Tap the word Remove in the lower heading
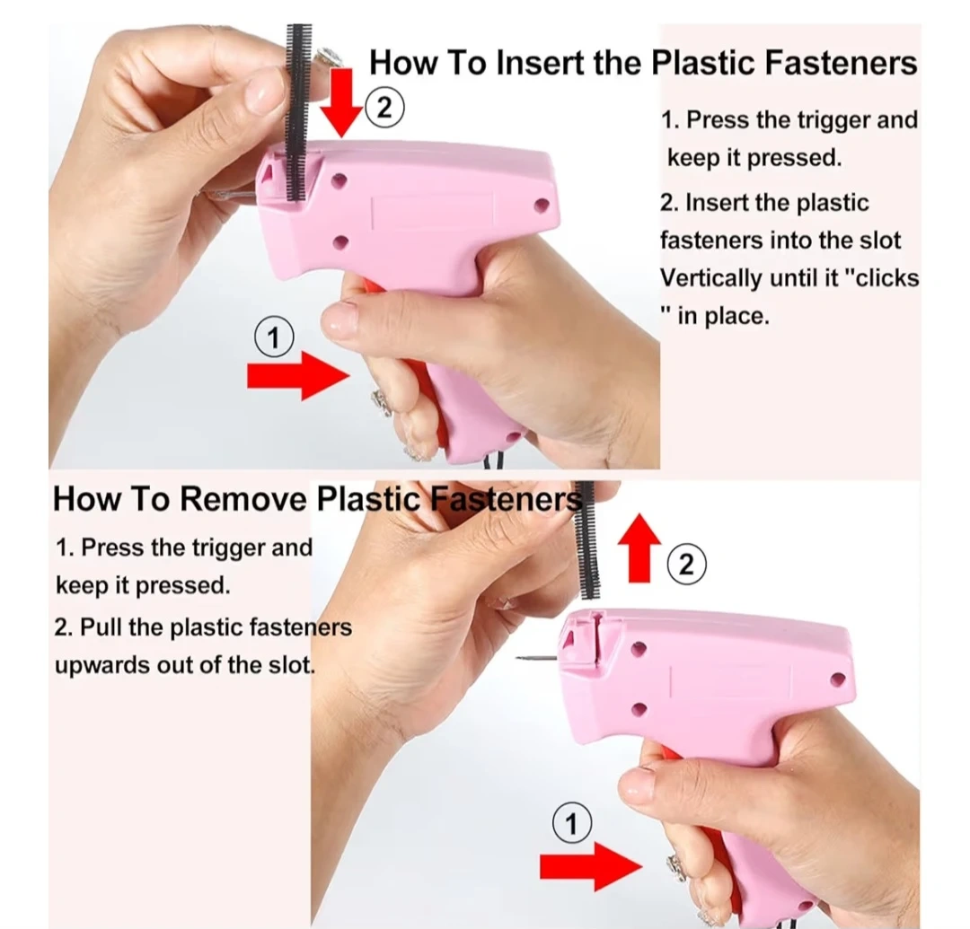click(243, 498)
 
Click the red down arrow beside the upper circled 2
click(340, 102)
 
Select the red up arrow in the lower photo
click(639, 548)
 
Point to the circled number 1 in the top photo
click(274, 337)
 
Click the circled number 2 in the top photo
click(384, 109)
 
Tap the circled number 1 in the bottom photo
click(571, 823)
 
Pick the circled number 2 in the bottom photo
click(686, 565)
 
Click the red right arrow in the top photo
click(298, 375)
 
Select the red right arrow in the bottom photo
click(591, 866)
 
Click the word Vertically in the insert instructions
click(710, 278)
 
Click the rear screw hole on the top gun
click(542, 205)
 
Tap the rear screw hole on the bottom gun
click(838, 679)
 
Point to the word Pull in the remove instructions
click(101, 627)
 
